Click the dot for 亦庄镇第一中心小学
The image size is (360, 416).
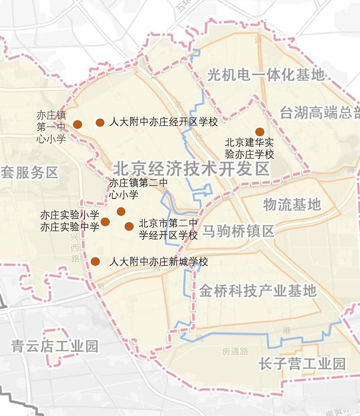(77, 124)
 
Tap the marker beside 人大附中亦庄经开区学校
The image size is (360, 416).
(100, 123)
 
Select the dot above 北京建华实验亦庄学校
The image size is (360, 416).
(260, 132)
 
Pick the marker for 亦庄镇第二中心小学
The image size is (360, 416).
(121, 212)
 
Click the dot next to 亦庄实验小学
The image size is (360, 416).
(105, 222)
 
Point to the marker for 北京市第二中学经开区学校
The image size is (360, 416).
(129, 227)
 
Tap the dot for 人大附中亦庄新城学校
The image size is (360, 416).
(95, 262)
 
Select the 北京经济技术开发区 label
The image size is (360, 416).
(192, 169)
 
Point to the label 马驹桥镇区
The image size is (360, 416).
(238, 231)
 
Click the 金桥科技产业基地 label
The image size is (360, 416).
(257, 291)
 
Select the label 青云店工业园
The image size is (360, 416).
(55, 346)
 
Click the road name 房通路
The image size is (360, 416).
(235, 351)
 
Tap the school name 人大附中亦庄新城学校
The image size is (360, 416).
(159, 262)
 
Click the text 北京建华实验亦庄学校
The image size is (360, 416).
(249, 148)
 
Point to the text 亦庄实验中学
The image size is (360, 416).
(69, 227)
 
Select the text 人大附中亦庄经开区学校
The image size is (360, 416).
(164, 122)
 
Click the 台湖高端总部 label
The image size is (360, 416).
(320, 113)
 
